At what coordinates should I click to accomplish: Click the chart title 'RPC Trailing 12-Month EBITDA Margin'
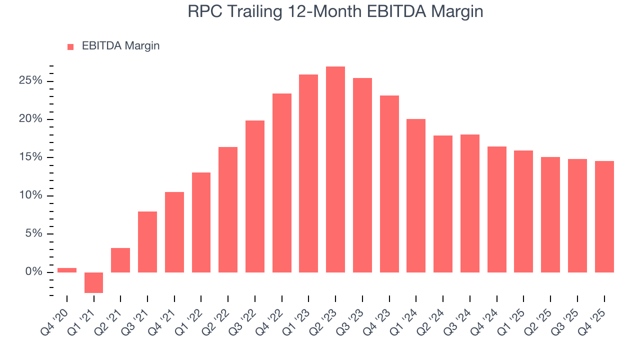coord(335,11)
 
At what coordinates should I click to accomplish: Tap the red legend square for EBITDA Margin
coord(70,46)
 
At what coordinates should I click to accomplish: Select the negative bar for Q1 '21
coord(93,282)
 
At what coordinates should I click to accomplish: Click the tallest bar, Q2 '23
coord(335,169)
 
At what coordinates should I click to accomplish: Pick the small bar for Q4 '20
coord(67,270)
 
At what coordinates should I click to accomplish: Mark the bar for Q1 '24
coord(416,195)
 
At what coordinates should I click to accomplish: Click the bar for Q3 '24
coord(470,203)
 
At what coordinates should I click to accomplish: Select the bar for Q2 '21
coord(120,260)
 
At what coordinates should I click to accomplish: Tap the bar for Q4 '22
coord(282,183)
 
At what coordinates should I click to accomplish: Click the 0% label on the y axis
coord(35,272)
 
